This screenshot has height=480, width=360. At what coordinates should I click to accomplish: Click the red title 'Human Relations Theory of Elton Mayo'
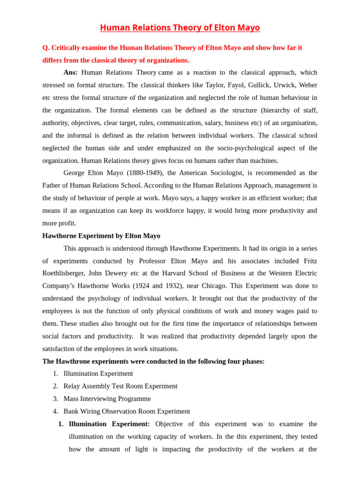coord(180,28)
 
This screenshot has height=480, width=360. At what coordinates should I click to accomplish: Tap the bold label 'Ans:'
coord(70,73)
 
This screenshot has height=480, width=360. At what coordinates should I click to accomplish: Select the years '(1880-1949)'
coord(145,173)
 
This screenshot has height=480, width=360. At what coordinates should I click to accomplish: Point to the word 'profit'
coord(65,223)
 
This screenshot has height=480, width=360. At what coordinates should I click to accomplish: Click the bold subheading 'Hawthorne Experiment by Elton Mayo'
coord(101,236)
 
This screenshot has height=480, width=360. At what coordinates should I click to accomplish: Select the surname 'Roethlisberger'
coord(64,273)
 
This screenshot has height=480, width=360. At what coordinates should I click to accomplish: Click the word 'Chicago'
coord(213,286)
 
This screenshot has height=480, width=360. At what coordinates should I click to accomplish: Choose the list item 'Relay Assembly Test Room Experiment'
coord(120,386)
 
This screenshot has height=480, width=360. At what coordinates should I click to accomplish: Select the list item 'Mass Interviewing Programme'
coord(107,399)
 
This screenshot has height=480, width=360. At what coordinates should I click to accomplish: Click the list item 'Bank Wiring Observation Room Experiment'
coord(127,412)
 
